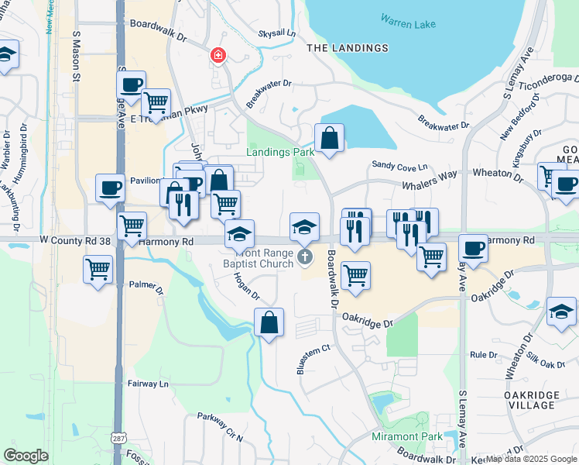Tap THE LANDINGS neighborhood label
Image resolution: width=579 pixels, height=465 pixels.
point(348,48)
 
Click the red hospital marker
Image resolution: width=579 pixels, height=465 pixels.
point(218,55)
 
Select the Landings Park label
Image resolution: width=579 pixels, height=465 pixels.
point(280,152)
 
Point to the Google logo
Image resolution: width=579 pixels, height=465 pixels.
point(26,455)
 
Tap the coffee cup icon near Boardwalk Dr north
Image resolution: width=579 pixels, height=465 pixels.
point(131,84)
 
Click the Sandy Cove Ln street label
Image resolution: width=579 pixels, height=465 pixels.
point(399,166)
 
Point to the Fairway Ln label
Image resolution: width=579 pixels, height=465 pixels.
point(149,384)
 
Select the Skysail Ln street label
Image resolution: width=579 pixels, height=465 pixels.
point(276,34)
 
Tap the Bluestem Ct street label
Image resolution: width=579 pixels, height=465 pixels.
point(313,359)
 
